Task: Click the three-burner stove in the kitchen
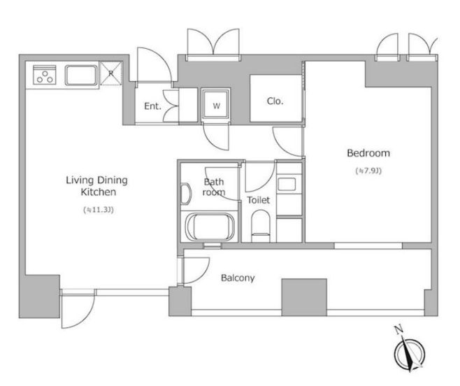(45, 75)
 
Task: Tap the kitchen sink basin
(81, 76)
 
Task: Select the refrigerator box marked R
(111, 73)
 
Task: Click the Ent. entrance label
(152, 106)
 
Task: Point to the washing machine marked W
(215, 104)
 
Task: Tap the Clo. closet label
(275, 101)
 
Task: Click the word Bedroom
(368, 153)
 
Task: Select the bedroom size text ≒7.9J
(368, 171)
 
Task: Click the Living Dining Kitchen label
(96, 186)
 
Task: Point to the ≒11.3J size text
(99, 210)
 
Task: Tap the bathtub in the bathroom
(210, 227)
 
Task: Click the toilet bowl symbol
(261, 226)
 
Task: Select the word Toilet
(258, 200)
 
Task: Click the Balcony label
(238, 278)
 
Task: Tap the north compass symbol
(410, 353)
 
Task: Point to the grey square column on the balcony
(304, 297)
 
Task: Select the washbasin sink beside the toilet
(287, 184)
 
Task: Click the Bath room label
(214, 187)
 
